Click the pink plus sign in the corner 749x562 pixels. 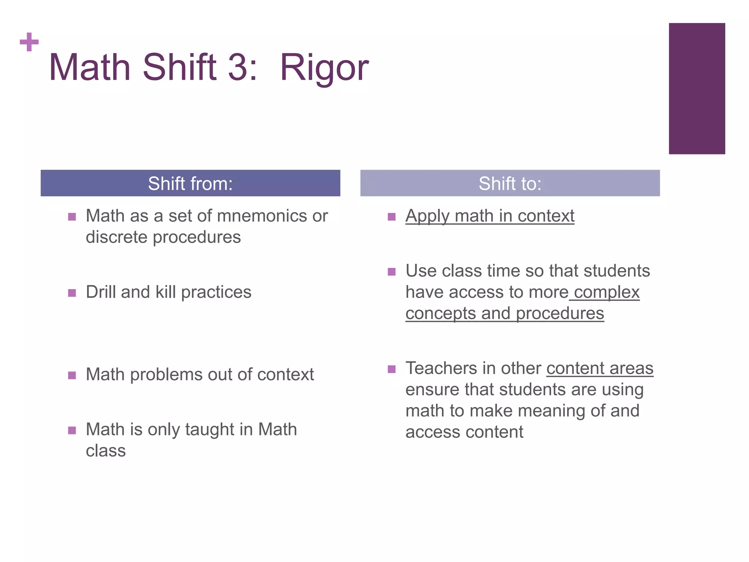[29, 42]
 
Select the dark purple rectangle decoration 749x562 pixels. [697, 89]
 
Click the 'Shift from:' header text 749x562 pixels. [190, 184]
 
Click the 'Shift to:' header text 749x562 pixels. [510, 184]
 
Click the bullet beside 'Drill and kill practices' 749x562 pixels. [72, 293]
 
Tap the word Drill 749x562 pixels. [101, 292]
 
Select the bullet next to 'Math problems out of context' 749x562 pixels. [72, 375]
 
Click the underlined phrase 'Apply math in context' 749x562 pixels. [490, 216]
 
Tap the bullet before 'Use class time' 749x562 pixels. [392, 271]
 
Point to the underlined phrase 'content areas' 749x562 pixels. [600, 368]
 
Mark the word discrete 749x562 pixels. [117, 237]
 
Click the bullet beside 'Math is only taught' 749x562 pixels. [72, 430]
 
